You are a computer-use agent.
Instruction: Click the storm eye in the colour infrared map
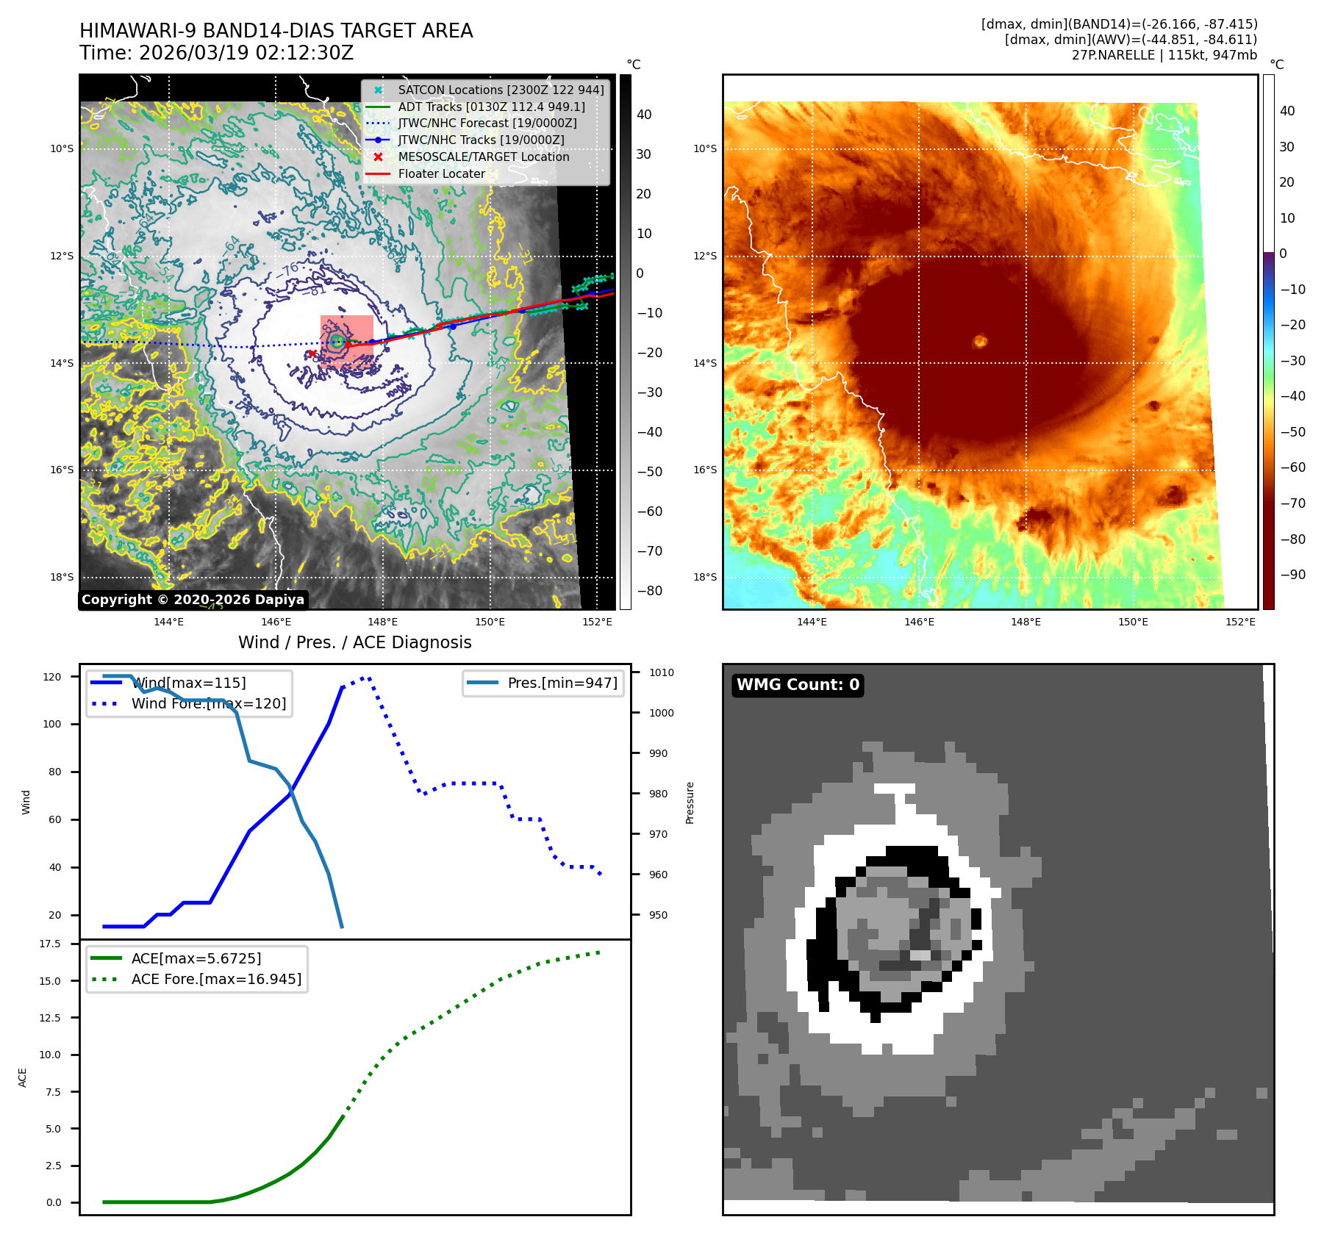point(980,341)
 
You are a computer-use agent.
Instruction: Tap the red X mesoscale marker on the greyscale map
point(312,353)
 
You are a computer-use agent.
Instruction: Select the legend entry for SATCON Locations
point(501,90)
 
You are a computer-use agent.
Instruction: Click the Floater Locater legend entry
point(441,173)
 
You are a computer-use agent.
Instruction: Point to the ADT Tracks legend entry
point(491,107)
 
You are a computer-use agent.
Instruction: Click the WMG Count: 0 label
point(798,685)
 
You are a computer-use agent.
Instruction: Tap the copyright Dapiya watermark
point(193,600)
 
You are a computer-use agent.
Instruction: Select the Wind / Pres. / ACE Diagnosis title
point(354,642)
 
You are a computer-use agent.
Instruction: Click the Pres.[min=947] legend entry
point(562,683)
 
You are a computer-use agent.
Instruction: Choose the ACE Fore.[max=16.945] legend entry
point(216,979)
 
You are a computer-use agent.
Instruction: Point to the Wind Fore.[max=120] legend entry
point(209,703)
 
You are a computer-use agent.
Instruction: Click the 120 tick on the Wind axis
point(52,677)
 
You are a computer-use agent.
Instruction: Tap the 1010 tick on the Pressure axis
point(662,672)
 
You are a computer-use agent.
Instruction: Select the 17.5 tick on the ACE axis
point(50,944)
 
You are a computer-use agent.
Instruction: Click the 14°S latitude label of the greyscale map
point(62,363)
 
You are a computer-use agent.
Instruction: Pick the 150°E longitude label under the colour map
point(1133,622)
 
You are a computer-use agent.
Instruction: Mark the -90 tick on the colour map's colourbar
point(1292,575)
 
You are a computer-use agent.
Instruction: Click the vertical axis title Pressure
point(690,803)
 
